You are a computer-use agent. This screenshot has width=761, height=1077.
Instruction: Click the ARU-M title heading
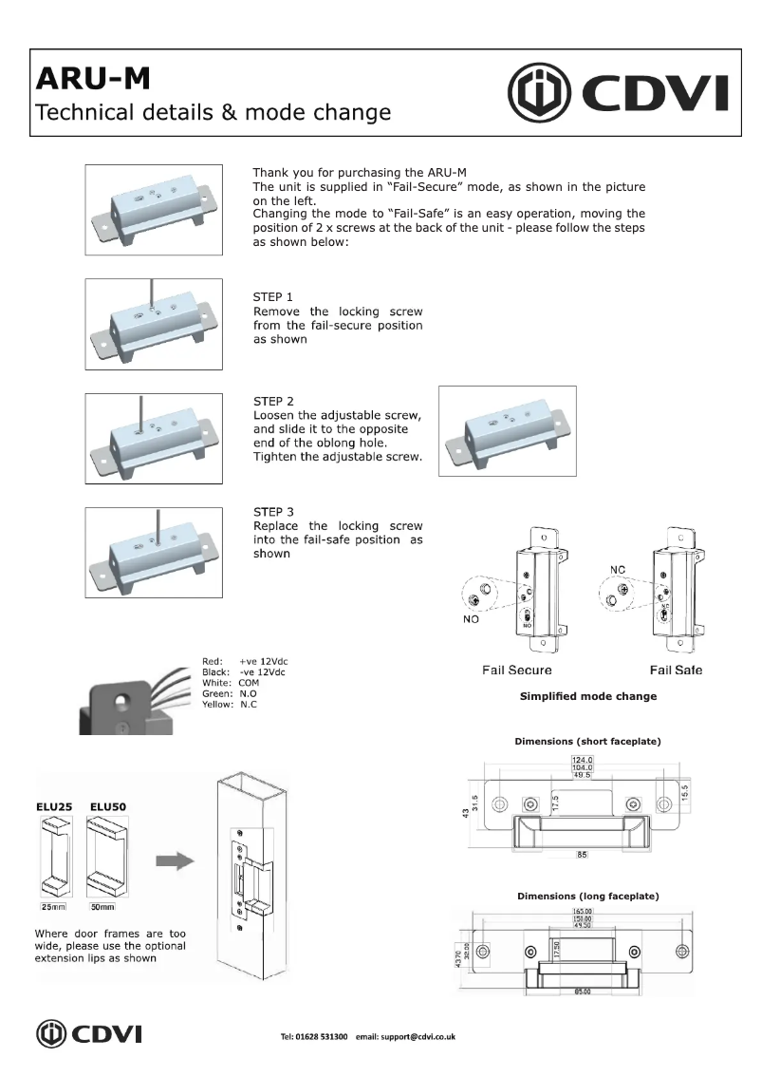pyautogui.click(x=92, y=78)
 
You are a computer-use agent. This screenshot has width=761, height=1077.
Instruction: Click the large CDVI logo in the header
pyautogui.click(x=619, y=93)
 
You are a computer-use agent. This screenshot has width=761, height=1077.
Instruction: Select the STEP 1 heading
pyautogui.click(x=273, y=296)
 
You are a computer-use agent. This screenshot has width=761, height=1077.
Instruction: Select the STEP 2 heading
pyautogui.click(x=273, y=402)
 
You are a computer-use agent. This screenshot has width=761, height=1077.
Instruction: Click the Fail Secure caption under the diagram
pyautogui.click(x=516, y=671)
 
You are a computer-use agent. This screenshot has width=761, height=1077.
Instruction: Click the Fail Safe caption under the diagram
pyautogui.click(x=676, y=671)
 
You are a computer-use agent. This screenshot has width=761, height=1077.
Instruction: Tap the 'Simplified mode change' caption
pyautogui.click(x=587, y=696)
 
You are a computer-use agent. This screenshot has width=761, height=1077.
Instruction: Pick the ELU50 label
pyautogui.click(x=109, y=807)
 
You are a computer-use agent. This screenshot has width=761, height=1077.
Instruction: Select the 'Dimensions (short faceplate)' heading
pyautogui.click(x=587, y=740)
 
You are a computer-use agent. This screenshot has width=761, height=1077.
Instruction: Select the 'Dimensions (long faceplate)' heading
pyautogui.click(x=587, y=896)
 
